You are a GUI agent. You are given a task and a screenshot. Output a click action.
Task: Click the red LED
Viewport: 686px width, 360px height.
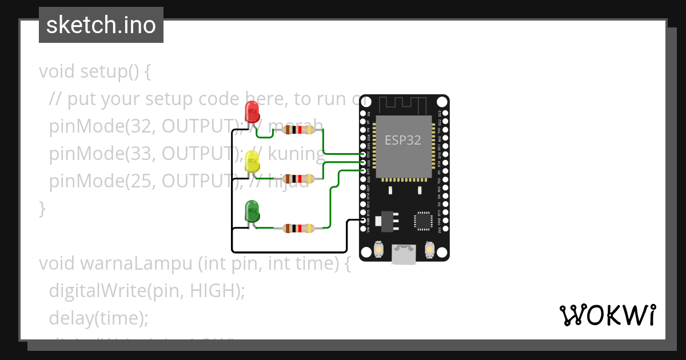coord(252,112)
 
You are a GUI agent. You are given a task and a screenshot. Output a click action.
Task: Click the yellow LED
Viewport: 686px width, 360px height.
coord(252,162)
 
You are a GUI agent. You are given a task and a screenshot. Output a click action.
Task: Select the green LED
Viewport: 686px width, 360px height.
coord(252,211)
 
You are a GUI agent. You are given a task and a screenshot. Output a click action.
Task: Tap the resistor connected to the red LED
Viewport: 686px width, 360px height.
coord(297,130)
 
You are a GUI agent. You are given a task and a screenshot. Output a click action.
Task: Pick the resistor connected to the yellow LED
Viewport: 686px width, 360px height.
coord(297,179)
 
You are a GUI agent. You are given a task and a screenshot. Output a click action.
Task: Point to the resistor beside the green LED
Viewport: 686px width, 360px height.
coord(297,229)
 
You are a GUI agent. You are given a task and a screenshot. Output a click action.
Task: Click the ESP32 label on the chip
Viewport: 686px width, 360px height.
coord(403,141)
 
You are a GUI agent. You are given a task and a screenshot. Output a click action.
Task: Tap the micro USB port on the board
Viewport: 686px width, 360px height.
coord(404,254)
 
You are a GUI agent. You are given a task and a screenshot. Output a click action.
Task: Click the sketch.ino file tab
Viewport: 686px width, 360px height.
coord(101,25)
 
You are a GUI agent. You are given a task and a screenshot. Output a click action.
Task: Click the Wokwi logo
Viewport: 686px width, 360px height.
coord(607,315)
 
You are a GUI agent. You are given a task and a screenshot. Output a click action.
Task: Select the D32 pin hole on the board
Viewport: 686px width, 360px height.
coord(364,154)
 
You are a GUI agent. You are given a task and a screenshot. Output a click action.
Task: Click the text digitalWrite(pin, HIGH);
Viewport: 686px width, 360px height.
coord(147,291)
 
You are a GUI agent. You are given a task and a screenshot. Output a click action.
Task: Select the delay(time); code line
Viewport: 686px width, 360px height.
coord(98,318)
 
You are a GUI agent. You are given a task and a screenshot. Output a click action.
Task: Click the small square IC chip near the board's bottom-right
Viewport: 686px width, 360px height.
coord(423,221)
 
